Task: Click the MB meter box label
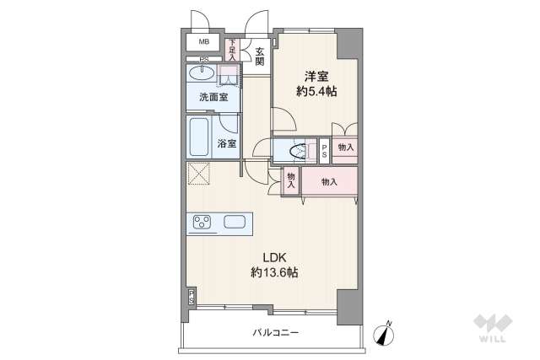click(204, 41)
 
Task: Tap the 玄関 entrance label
click(260, 56)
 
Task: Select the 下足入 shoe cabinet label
click(232, 47)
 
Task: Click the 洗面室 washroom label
click(213, 98)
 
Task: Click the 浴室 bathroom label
click(226, 142)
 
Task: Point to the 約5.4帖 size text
click(316, 91)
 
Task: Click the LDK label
click(273, 256)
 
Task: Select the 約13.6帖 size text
click(273, 272)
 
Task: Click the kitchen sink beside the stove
click(234, 223)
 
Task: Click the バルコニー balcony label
click(275, 333)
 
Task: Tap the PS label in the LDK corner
click(192, 296)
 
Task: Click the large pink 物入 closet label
click(329, 181)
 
